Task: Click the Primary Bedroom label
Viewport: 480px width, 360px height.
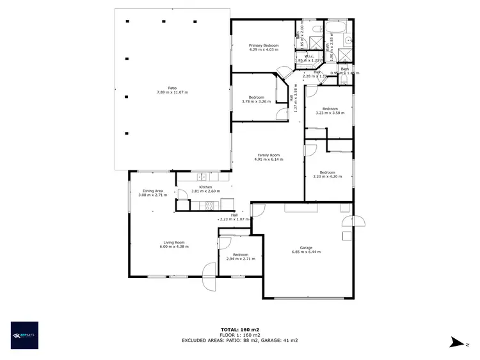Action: [264, 45]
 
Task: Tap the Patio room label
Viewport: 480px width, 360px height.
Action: [172, 88]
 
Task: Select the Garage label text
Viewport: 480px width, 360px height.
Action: [306, 247]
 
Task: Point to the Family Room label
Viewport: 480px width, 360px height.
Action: [269, 155]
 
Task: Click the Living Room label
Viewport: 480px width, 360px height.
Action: [174, 242]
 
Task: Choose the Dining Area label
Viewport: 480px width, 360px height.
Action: [153, 190]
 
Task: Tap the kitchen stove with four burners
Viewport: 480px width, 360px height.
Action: [209, 205]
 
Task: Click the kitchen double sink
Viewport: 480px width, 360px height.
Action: [203, 176]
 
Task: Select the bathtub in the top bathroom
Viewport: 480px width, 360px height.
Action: [335, 28]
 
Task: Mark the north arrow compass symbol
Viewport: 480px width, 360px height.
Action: [456, 343]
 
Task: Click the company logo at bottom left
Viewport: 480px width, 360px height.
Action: [24, 334]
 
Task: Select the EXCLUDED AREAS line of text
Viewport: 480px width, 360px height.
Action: [240, 341]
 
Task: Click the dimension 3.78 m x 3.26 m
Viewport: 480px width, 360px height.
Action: [255, 101]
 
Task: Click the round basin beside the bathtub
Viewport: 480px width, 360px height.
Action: [346, 39]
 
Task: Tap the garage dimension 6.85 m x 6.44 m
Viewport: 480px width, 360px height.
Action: [306, 252]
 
